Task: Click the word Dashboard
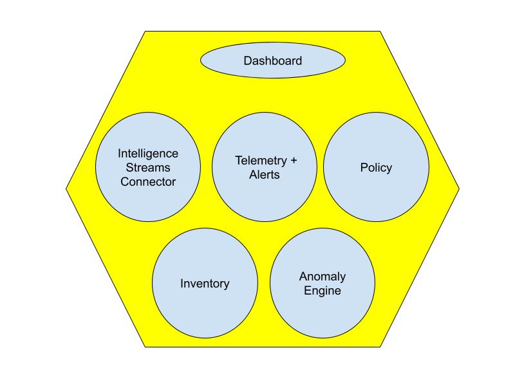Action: click(273, 61)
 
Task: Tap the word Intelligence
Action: click(148, 154)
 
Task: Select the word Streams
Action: click(148, 168)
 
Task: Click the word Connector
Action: click(148, 182)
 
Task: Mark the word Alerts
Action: click(265, 174)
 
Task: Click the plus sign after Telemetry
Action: click(294, 160)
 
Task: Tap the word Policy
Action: click(376, 168)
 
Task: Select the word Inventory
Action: click(205, 284)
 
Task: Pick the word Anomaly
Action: click(323, 277)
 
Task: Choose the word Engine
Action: click(323, 291)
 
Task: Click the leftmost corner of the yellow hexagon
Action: click(67, 188)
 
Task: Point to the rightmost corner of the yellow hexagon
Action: click(459, 188)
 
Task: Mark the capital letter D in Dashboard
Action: click(248, 61)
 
